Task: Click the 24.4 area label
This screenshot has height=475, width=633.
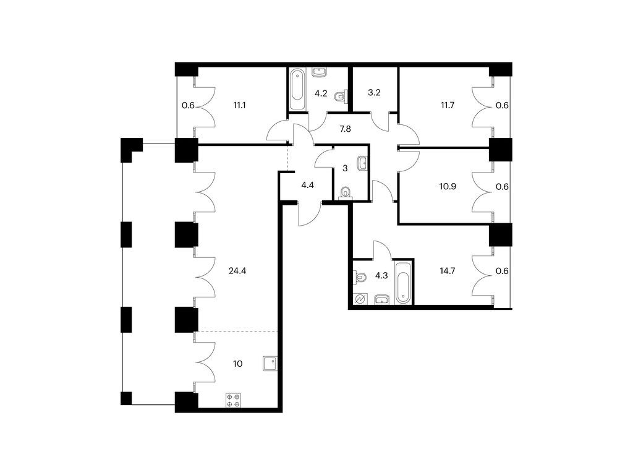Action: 237,271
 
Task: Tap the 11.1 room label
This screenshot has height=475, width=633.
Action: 239,105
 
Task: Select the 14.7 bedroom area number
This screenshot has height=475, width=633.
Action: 448,271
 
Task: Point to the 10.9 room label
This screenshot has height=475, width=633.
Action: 448,187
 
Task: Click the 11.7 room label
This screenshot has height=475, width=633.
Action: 448,105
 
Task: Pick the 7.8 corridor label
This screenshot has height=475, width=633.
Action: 345,129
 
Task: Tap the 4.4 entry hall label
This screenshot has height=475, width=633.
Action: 308,186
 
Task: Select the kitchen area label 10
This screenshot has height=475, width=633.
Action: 238,364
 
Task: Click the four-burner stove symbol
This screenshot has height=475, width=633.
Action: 233,400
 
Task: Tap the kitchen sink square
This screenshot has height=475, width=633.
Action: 270,364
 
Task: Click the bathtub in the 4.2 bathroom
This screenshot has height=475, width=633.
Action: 297,89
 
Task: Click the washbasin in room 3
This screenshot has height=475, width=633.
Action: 362,163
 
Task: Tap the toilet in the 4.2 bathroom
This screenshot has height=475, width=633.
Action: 341,96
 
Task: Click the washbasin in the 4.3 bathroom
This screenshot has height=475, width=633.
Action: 381,299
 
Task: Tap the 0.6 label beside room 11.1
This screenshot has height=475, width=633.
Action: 188,106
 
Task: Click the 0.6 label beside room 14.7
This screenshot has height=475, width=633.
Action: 502,271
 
